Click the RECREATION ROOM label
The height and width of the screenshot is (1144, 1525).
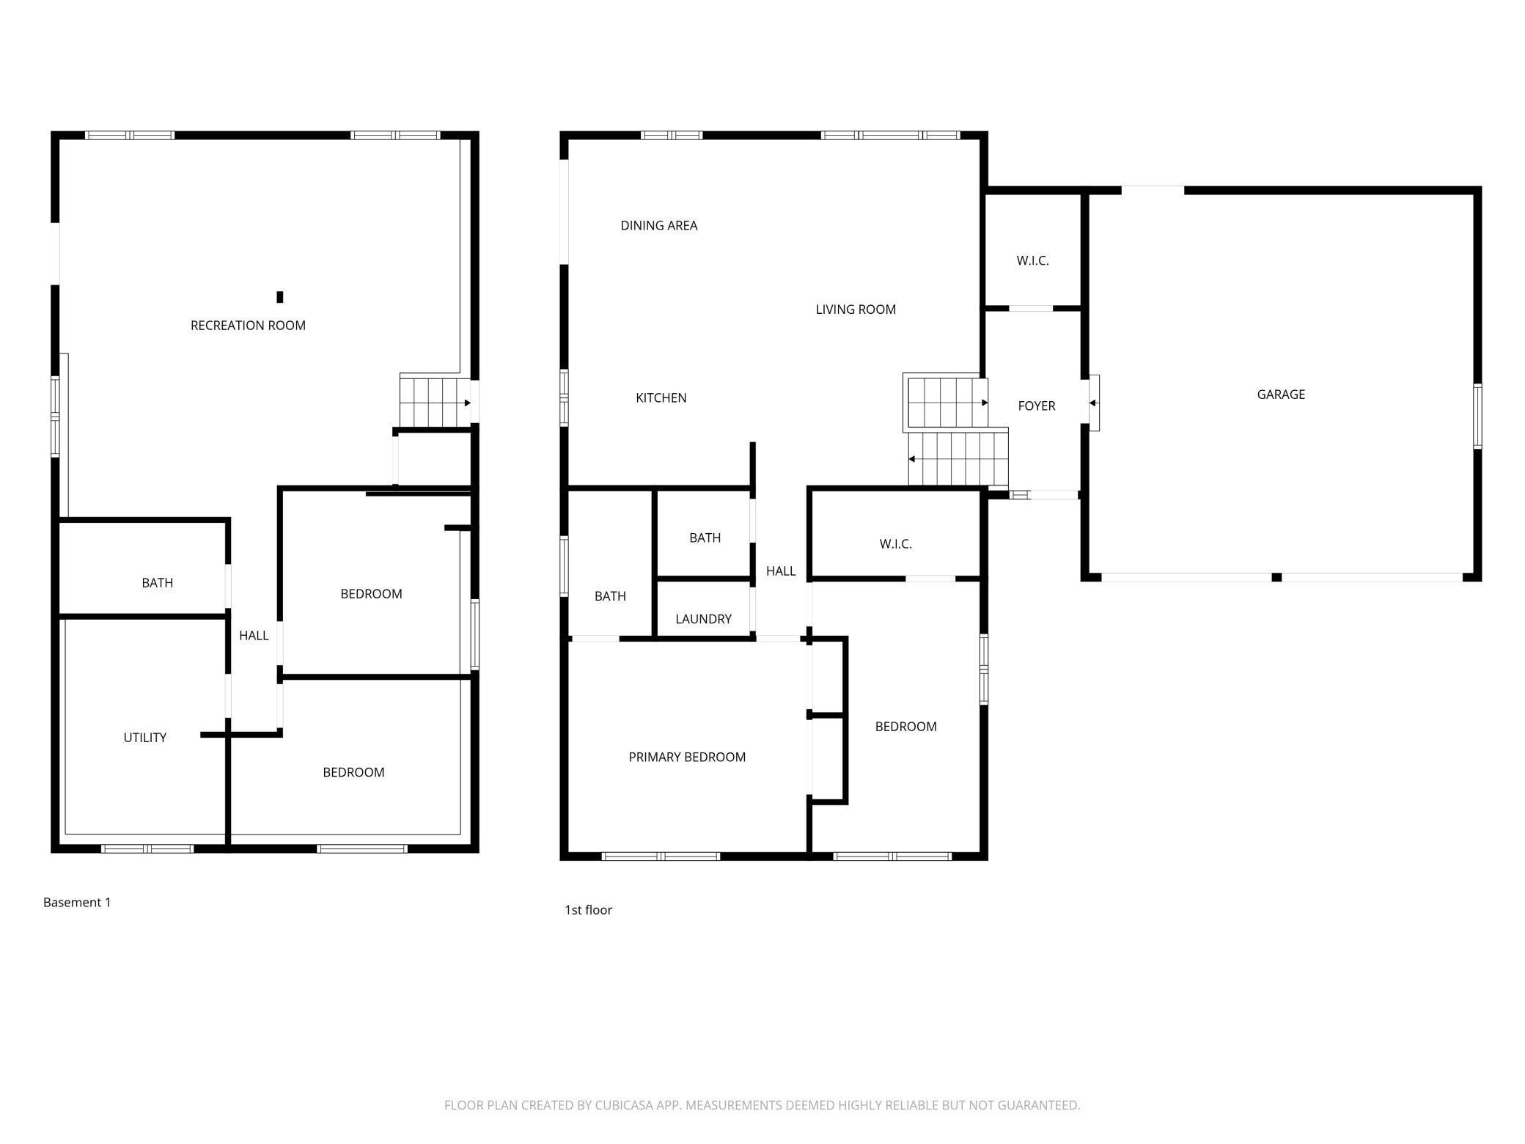click(x=248, y=326)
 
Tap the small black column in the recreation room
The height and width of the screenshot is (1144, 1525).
click(x=279, y=297)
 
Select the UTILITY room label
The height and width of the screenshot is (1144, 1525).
click(x=144, y=738)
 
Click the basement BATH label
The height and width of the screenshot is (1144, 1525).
click(x=157, y=583)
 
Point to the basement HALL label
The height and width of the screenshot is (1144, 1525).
click(x=254, y=636)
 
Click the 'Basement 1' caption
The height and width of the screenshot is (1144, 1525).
click(x=77, y=903)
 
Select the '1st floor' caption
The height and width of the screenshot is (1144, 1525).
click(x=588, y=910)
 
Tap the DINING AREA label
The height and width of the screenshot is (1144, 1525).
click(x=658, y=226)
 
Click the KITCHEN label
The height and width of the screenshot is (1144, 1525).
click(x=661, y=398)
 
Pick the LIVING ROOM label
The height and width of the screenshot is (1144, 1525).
click(x=856, y=309)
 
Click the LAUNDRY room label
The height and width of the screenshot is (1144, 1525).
click(x=703, y=619)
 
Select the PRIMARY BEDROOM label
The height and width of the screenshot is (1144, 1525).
click(x=687, y=758)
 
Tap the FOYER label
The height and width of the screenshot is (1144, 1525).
click(x=1036, y=406)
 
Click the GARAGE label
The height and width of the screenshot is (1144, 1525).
click(x=1281, y=395)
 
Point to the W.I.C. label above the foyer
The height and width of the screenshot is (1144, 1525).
click(x=1032, y=261)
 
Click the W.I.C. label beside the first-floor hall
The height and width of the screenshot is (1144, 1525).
click(x=895, y=544)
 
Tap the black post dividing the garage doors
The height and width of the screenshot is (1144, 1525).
click(x=1276, y=578)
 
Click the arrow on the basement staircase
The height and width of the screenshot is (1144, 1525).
click(x=467, y=403)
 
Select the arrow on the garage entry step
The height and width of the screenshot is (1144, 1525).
click(x=1092, y=403)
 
